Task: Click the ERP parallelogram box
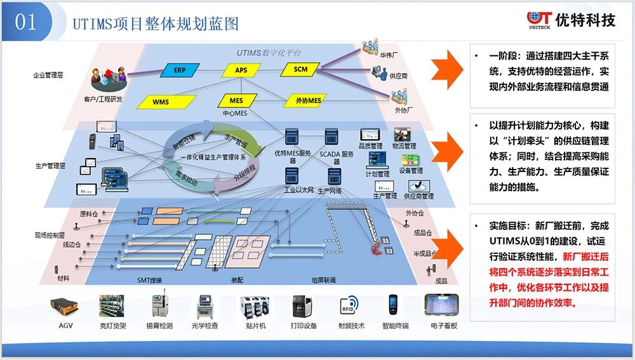[180, 70]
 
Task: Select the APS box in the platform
[241, 70]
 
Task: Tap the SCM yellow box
[301, 69]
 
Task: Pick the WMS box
[161, 102]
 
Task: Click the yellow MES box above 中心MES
[236, 100]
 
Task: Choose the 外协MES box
[308, 100]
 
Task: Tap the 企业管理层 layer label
[48, 75]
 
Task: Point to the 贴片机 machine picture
[255, 308]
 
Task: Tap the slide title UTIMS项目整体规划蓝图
[156, 24]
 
